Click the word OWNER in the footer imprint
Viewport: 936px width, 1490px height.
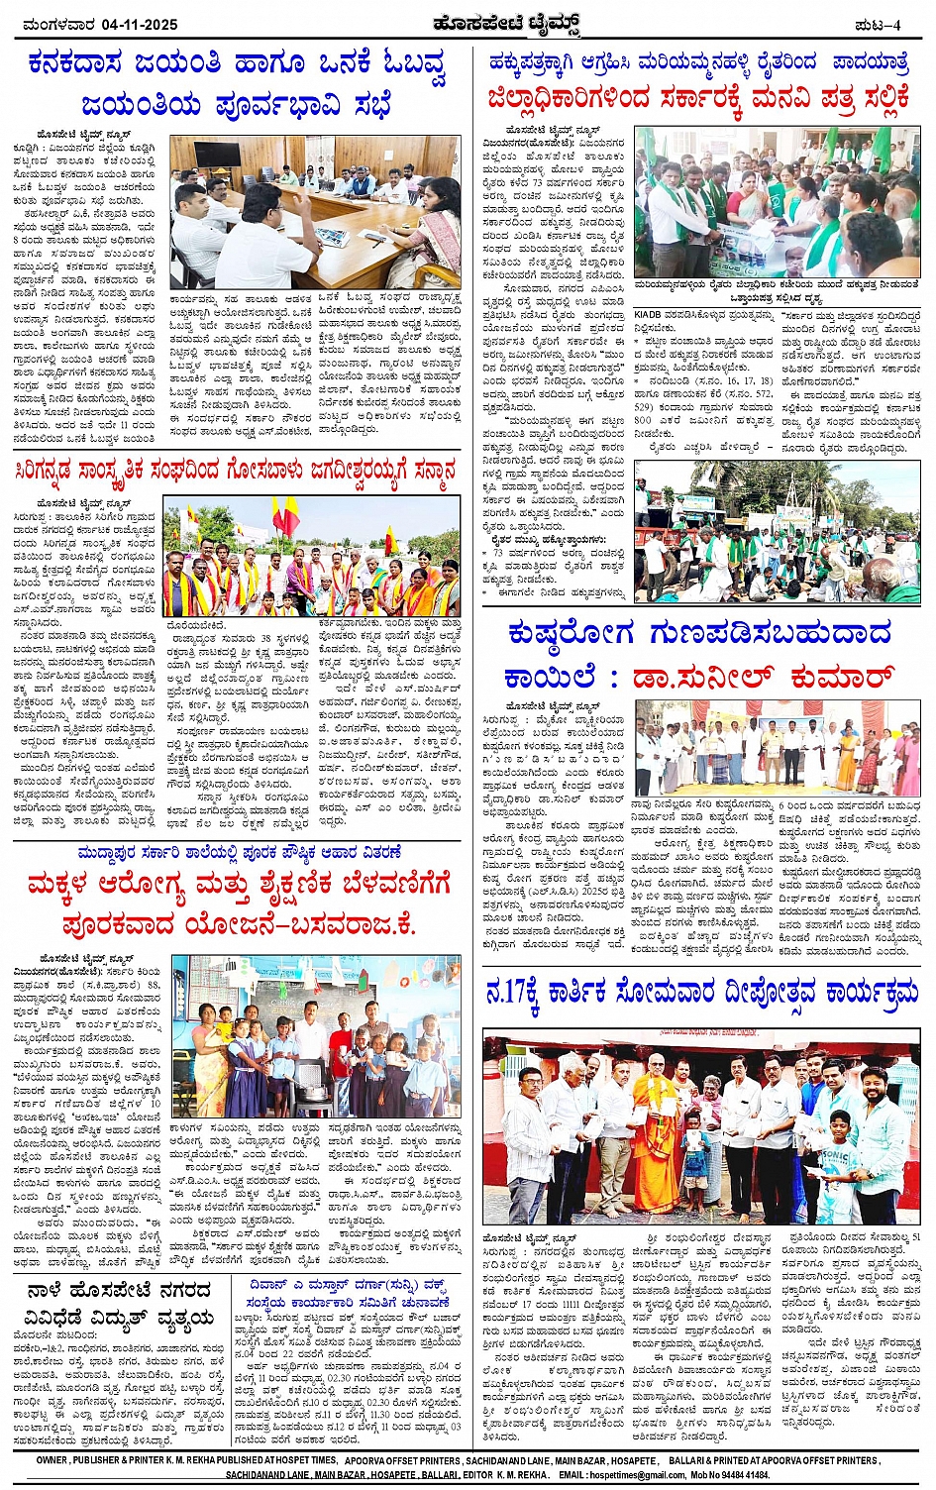(52, 1460)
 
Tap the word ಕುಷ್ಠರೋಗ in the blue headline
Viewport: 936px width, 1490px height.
(574, 633)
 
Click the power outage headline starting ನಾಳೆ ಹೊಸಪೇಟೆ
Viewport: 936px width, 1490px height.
(119, 1303)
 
